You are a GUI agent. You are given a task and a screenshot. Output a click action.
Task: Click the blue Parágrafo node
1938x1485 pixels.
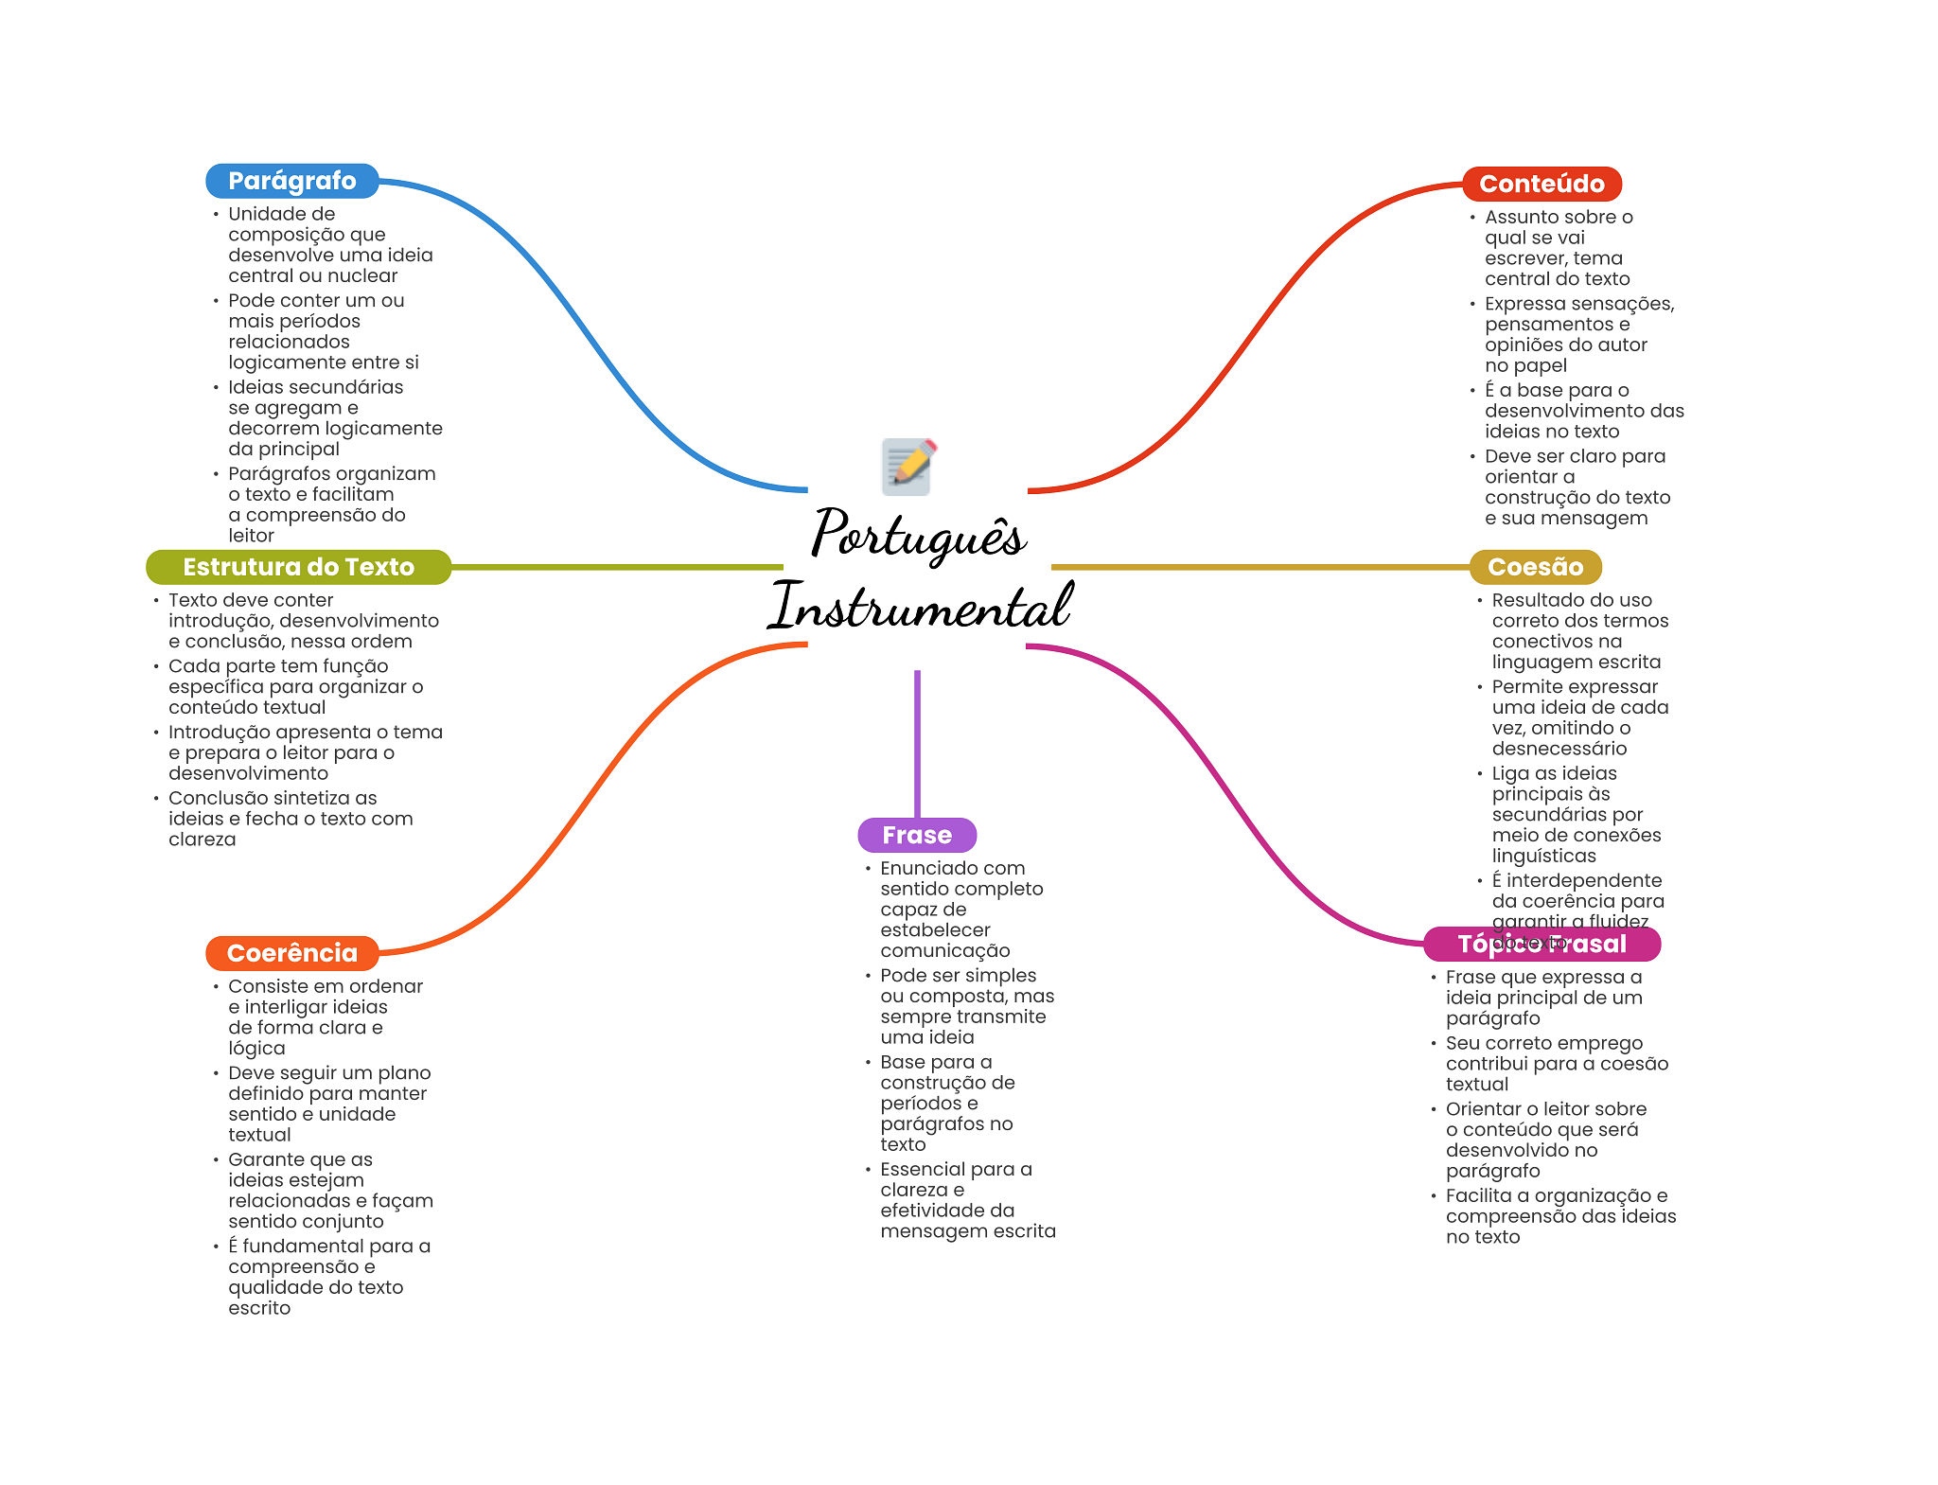coord(291,181)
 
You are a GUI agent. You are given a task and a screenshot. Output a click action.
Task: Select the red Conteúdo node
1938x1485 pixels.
coord(1542,184)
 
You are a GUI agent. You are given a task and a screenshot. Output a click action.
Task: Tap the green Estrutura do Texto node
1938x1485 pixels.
coord(298,567)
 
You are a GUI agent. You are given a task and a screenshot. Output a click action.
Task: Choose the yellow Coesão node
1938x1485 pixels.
coord(1535,567)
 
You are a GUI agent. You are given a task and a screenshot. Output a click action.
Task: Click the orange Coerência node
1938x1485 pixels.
coord(291,953)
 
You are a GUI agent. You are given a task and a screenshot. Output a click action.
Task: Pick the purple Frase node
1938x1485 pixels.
coord(916,835)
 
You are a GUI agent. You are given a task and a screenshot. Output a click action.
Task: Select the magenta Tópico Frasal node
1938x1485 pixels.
coord(1542,944)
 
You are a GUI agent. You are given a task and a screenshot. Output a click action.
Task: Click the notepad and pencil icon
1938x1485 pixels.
coord(908,466)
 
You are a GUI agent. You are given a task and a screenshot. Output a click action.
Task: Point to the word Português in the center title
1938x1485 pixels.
coord(918,535)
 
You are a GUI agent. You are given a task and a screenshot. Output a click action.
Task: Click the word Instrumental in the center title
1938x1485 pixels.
coord(920,606)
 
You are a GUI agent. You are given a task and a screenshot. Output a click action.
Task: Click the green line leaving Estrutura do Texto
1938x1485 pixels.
coord(615,567)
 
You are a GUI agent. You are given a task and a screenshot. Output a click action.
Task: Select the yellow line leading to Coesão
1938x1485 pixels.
coord(1259,567)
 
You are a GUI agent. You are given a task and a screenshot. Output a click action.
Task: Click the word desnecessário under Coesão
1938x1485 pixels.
coord(1559,749)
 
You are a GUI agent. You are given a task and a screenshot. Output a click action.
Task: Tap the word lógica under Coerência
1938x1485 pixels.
coord(256,1049)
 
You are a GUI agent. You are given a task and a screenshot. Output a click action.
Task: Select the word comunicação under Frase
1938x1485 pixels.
coord(944,951)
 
